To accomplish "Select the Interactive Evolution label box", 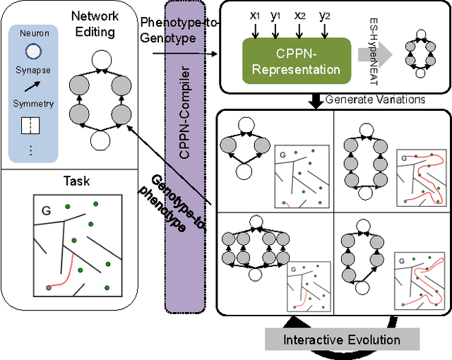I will click(342, 340).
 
